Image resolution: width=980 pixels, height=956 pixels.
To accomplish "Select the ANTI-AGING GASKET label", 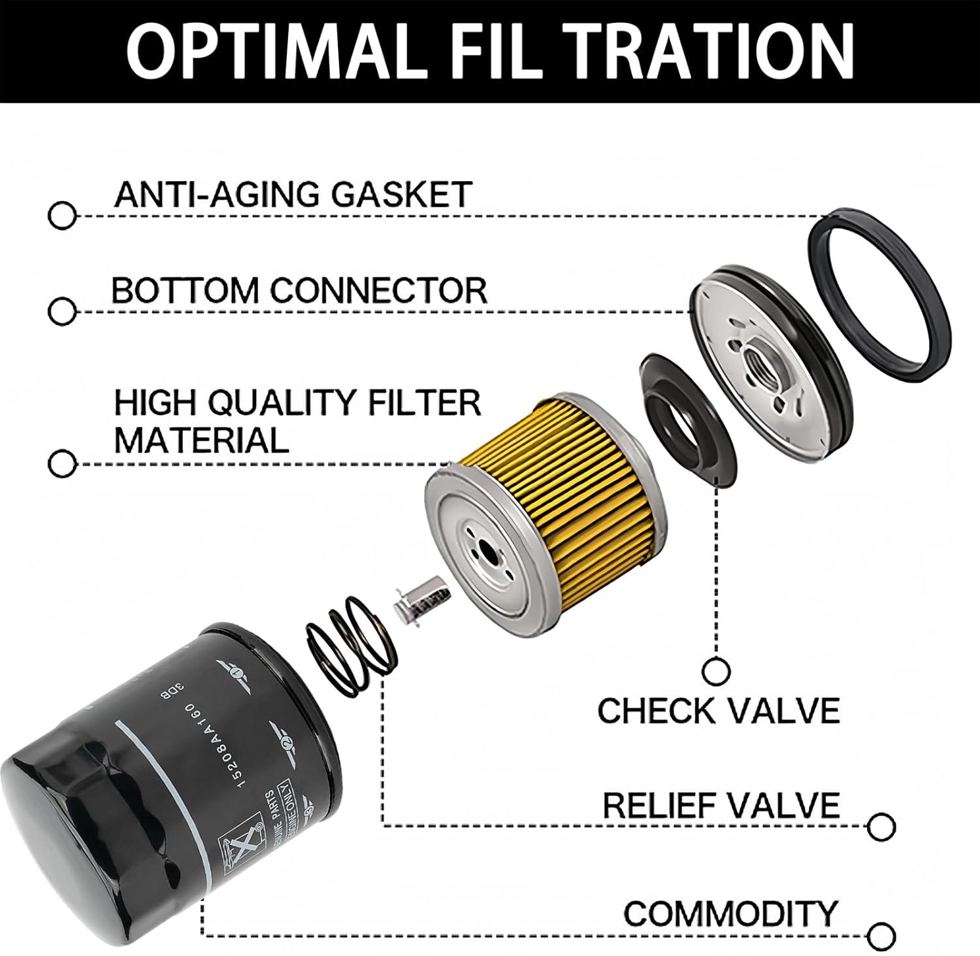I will tap(293, 194).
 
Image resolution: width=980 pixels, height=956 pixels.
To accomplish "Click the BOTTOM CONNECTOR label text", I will tap(299, 290).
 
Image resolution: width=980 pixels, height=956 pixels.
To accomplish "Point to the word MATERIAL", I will tap(201, 440).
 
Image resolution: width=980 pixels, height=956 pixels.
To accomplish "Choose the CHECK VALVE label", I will tap(718, 710).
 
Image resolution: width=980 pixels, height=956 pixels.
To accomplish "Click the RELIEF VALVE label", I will tap(721, 805).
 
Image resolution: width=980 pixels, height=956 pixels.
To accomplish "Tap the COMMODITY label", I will tap(730, 913).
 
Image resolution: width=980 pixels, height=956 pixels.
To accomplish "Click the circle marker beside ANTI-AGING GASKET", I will tap(62, 216).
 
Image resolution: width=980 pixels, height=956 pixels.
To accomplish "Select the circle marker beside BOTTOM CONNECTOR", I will tap(62, 311).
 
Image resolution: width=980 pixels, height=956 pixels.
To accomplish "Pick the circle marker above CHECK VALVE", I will tap(717, 670).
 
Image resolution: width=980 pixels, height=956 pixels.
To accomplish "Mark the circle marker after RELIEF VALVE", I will tap(881, 827).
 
